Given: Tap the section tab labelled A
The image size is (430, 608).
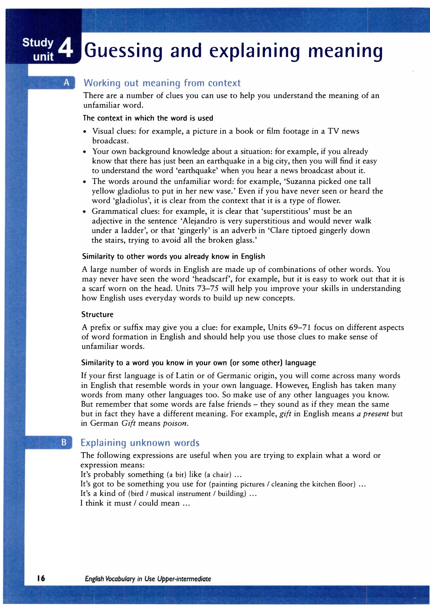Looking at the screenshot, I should click(67, 83).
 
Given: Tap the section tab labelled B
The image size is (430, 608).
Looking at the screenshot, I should click(64, 442).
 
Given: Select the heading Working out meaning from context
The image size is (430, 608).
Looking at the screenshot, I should click(162, 83).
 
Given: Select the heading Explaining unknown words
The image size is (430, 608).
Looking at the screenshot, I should click(140, 442).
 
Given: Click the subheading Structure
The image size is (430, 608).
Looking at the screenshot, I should click(97, 314).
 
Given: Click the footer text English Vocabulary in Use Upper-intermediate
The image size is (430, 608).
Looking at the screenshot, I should click(148, 579).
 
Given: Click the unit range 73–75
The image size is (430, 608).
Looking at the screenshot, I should click(207, 288).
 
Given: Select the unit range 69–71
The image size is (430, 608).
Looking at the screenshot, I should click(299, 327).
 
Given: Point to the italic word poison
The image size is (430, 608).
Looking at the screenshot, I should click(175, 423).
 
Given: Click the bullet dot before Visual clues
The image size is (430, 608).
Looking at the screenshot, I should click(84, 132).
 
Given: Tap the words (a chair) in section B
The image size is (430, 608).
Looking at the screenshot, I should click(219, 475).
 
